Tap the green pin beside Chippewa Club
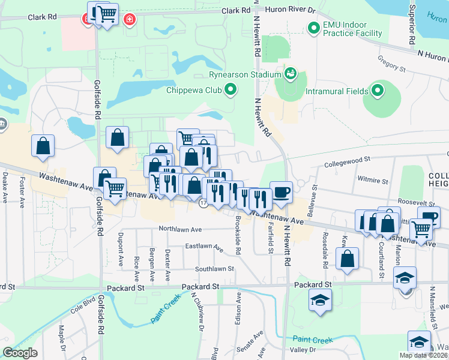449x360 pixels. click(231, 91)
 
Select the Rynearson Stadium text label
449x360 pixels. click(245, 74)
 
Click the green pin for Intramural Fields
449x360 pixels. click(378, 91)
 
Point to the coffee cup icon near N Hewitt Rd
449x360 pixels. click(281, 193)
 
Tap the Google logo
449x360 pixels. click(20, 352)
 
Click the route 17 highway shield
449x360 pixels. click(203, 205)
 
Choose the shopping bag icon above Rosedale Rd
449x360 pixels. click(347, 259)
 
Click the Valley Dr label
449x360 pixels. click(303, 350)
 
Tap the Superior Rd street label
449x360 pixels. click(412, 24)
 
